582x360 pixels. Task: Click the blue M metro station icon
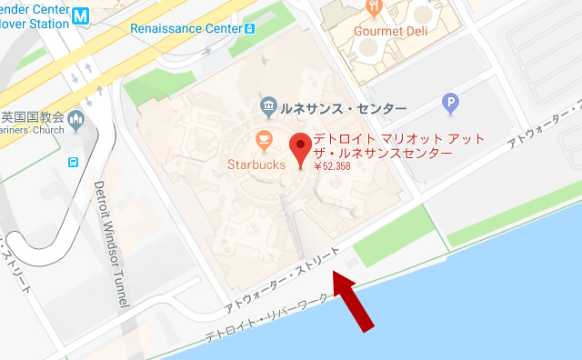82,16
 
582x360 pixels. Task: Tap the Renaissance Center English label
186,28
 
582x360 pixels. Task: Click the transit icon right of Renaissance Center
250,28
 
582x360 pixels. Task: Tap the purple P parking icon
448,105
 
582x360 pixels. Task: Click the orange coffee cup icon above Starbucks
264,141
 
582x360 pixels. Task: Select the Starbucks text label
256,165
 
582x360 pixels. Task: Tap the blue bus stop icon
72,163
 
